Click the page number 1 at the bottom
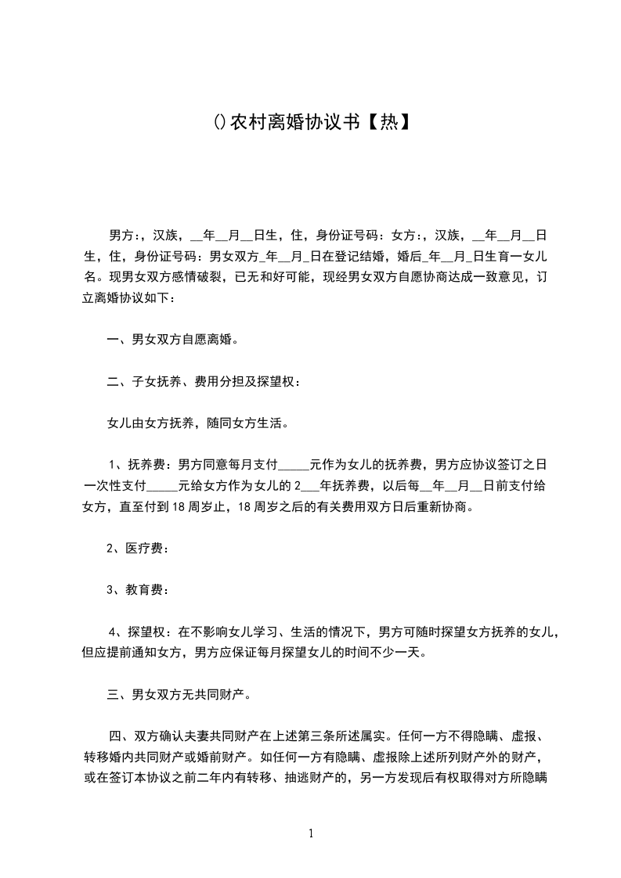pos(311,833)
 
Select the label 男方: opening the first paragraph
pos(125,235)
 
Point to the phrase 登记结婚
pos(364,256)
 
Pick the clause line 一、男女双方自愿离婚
pos(172,340)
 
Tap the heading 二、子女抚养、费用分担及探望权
pos(203,383)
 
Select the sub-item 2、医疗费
pos(136,549)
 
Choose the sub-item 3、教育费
pos(136,591)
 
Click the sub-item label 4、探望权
pos(136,632)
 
